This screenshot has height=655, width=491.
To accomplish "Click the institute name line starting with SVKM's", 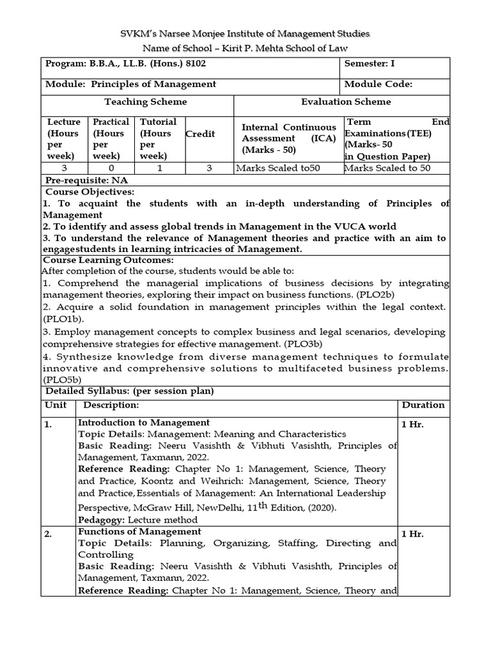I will [x=245, y=33].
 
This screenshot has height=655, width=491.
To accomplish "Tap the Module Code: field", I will [x=378, y=84].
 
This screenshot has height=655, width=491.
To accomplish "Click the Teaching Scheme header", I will [x=146, y=102].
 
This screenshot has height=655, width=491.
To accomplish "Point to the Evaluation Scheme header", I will [x=346, y=102].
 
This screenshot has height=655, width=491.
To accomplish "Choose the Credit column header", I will [x=200, y=134].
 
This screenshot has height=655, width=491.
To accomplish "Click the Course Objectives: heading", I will [x=88, y=192].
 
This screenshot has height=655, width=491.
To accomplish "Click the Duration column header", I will [x=423, y=405].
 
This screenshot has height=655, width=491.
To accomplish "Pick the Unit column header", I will [x=56, y=406].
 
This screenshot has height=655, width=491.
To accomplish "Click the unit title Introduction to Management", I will [x=143, y=422].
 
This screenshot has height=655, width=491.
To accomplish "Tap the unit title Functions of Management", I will [x=139, y=532].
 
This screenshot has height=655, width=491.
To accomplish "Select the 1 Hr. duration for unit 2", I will [x=412, y=533].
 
